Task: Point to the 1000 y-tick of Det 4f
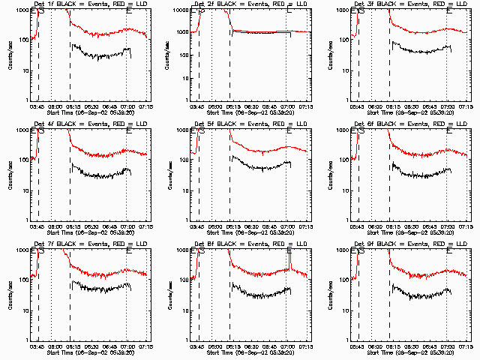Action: [x=22, y=130]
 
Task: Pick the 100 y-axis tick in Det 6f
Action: [x=344, y=160]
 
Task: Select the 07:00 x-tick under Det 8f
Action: [x=287, y=347]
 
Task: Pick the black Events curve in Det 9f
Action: [x=420, y=295]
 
